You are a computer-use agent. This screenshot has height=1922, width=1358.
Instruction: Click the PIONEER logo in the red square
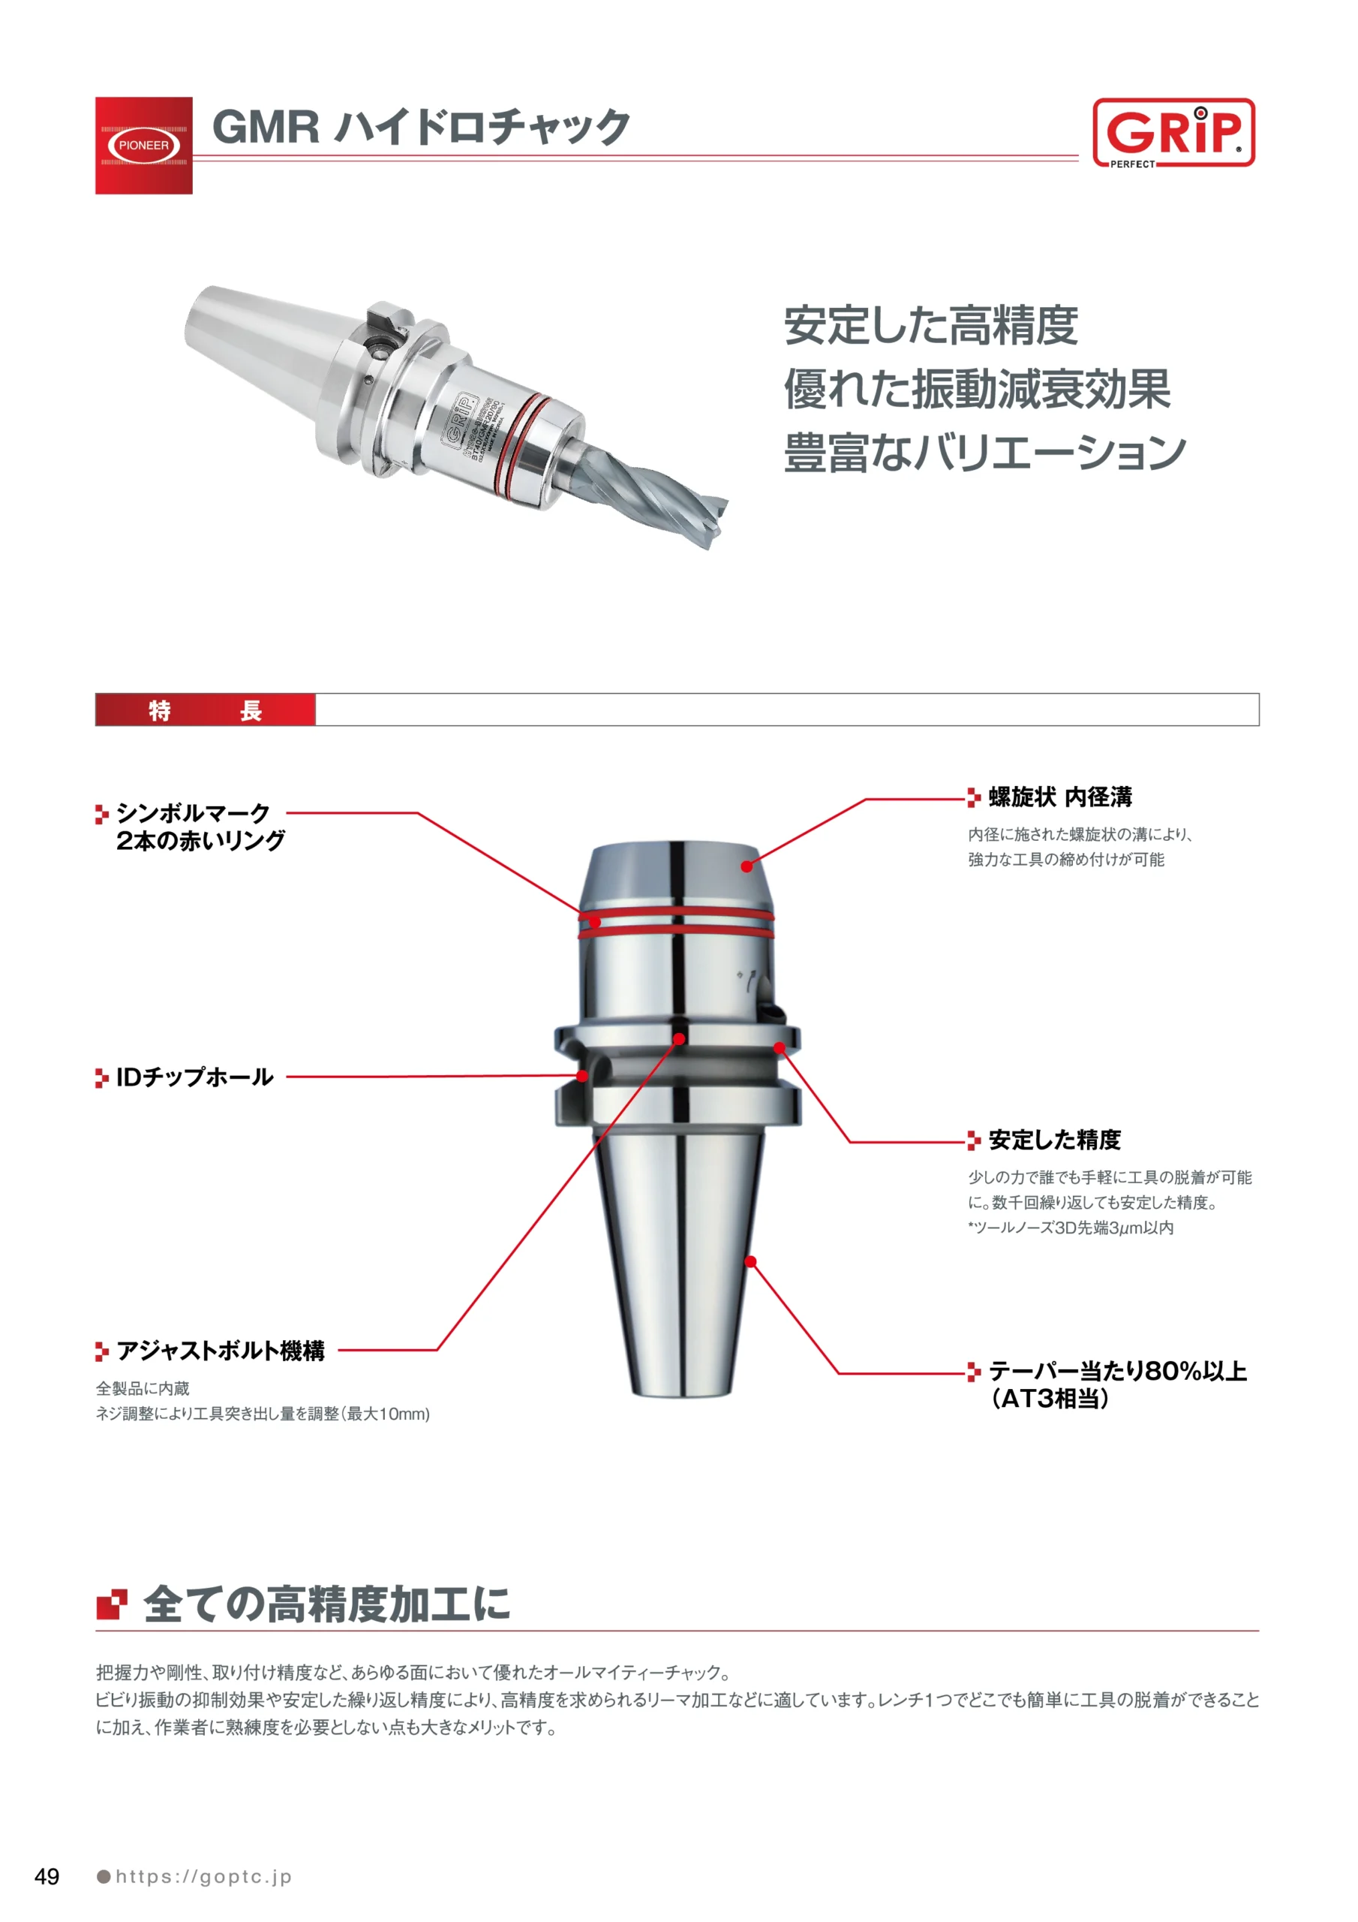[x=143, y=146]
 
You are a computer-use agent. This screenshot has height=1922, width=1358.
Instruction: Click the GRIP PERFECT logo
[x=1173, y=133]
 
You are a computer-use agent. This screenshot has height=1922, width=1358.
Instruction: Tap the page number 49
[x=47, y=1876]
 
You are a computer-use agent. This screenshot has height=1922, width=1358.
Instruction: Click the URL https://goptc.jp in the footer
[x=203, y=1877]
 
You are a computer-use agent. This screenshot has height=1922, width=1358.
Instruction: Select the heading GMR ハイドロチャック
[x=421, y=127]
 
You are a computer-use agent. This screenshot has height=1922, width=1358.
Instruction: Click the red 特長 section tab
[x=205, y=710]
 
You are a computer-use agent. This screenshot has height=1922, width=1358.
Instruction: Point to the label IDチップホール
[x=194, y=1077]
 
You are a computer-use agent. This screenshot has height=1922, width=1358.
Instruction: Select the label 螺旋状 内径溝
[x=1060, y=797]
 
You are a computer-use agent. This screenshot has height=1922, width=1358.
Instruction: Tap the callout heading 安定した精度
[x=1054, y=1139]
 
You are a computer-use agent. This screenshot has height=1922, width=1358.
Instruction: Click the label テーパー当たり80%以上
[x=1118, y=1370]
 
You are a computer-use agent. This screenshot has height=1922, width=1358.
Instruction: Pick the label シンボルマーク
[x=194, y=812]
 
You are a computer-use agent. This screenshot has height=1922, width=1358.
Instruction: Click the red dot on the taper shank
[x=750, y=1261]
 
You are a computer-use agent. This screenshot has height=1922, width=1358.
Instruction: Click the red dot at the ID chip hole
[x=582, y=1076]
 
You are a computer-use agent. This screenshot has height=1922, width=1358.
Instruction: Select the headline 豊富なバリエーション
[x=985, y=452]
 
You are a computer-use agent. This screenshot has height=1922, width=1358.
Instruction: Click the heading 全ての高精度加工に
[x=326, y=1604]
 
